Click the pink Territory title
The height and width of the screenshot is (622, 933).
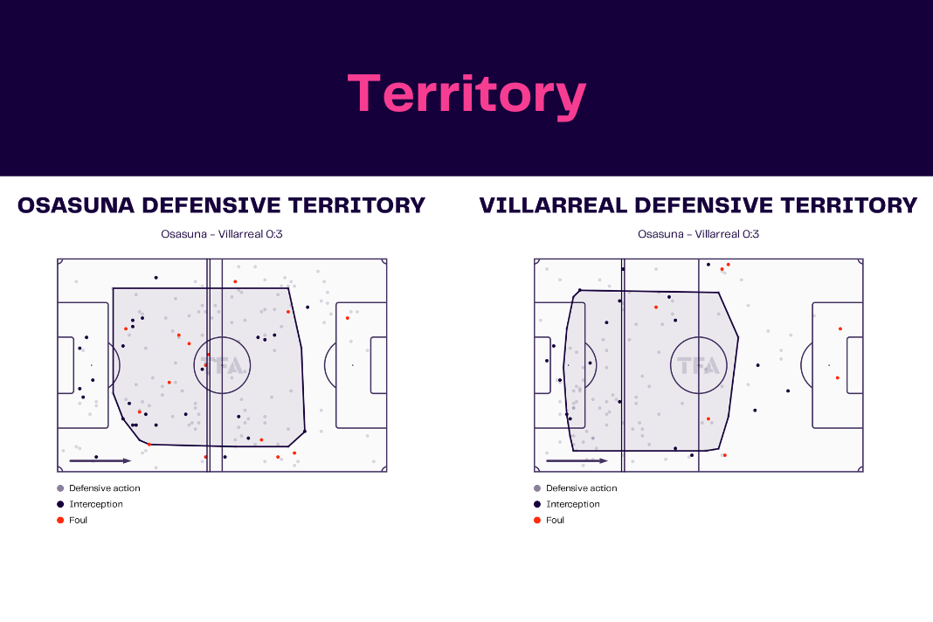(x=467, y=94)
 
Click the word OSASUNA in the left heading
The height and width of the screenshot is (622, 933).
(x=76, y=205)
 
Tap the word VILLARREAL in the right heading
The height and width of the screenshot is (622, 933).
(x=553, y=205)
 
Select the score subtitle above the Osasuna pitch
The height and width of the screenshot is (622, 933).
(x=221, y=234)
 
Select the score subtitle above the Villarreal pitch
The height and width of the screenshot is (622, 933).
(x=699, y=234)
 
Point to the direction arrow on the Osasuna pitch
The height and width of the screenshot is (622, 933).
(x=100, y=460)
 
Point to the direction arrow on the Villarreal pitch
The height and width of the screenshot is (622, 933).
(x=577, y=460)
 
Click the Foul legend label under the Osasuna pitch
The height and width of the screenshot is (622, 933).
(x=78, y=520)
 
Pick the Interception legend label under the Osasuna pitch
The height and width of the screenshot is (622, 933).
(x=96, y=504)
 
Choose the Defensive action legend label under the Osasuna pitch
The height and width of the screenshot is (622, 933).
(x=105, y=488)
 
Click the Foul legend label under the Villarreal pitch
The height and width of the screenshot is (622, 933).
(x=555, y=520)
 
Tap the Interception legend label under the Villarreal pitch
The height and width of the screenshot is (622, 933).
(x=573, y=504)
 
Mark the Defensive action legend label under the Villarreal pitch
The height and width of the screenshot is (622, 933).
(x=582, y=488)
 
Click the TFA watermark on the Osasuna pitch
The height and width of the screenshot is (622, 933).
(x=222, y=365)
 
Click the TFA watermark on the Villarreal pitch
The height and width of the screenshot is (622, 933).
(x=699, y=365)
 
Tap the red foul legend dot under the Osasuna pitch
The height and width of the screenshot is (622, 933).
(x=60, y=520)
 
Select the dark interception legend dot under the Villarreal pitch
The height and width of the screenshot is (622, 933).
(x=537, y=504)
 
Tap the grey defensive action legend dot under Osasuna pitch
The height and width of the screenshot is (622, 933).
(x=60, y=488)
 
